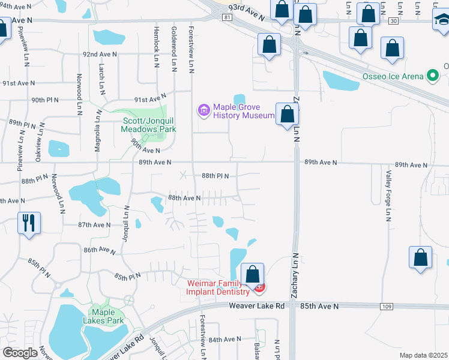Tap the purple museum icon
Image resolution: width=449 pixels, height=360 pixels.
point(203,110)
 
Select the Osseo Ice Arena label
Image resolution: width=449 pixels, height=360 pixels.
point(393,76)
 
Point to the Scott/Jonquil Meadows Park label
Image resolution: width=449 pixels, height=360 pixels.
point(149,124)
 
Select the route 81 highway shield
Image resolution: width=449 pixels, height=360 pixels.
point(226,17)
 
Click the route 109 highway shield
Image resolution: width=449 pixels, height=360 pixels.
point(387,307)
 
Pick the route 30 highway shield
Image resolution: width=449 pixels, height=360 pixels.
point(393,20)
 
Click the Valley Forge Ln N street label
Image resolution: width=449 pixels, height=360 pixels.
point(388,194)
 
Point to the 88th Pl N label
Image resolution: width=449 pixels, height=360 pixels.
point(215,176)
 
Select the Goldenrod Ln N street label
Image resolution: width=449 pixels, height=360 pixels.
point(173,46)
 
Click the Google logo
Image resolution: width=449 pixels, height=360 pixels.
point(20,352)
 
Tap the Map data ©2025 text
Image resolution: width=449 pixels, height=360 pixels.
point(424,355)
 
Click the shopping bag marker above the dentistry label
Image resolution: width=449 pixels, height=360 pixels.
point(253,274)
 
